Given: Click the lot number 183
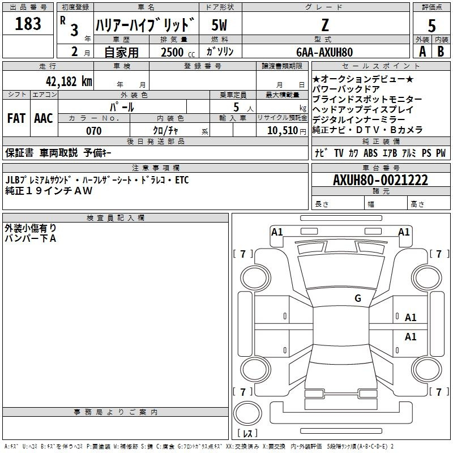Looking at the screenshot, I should (x=28, y=24).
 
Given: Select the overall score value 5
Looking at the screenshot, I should (x=432, y=25).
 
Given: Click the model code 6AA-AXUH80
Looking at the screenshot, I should (x=324, y=52).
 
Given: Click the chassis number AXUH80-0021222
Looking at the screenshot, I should (x=381, y=180).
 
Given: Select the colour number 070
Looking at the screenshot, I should (x=93, y=131).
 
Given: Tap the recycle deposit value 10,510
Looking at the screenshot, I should (x=282, y=131).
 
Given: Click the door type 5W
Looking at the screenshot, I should (x=220, y=25).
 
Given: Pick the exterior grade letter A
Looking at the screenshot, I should (x=422, y=52).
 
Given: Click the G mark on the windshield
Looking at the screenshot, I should (x=358, y=298).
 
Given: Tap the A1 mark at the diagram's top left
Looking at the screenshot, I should (x=277, y=232).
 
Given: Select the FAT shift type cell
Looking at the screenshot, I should (x=16, y=118).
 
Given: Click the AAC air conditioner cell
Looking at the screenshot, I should (x=44, y=118).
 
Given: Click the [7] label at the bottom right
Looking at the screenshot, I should (x=438, y=392).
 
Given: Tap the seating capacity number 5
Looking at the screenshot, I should (x=235, y=107).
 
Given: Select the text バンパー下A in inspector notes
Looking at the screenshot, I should (x=31, y=238).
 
